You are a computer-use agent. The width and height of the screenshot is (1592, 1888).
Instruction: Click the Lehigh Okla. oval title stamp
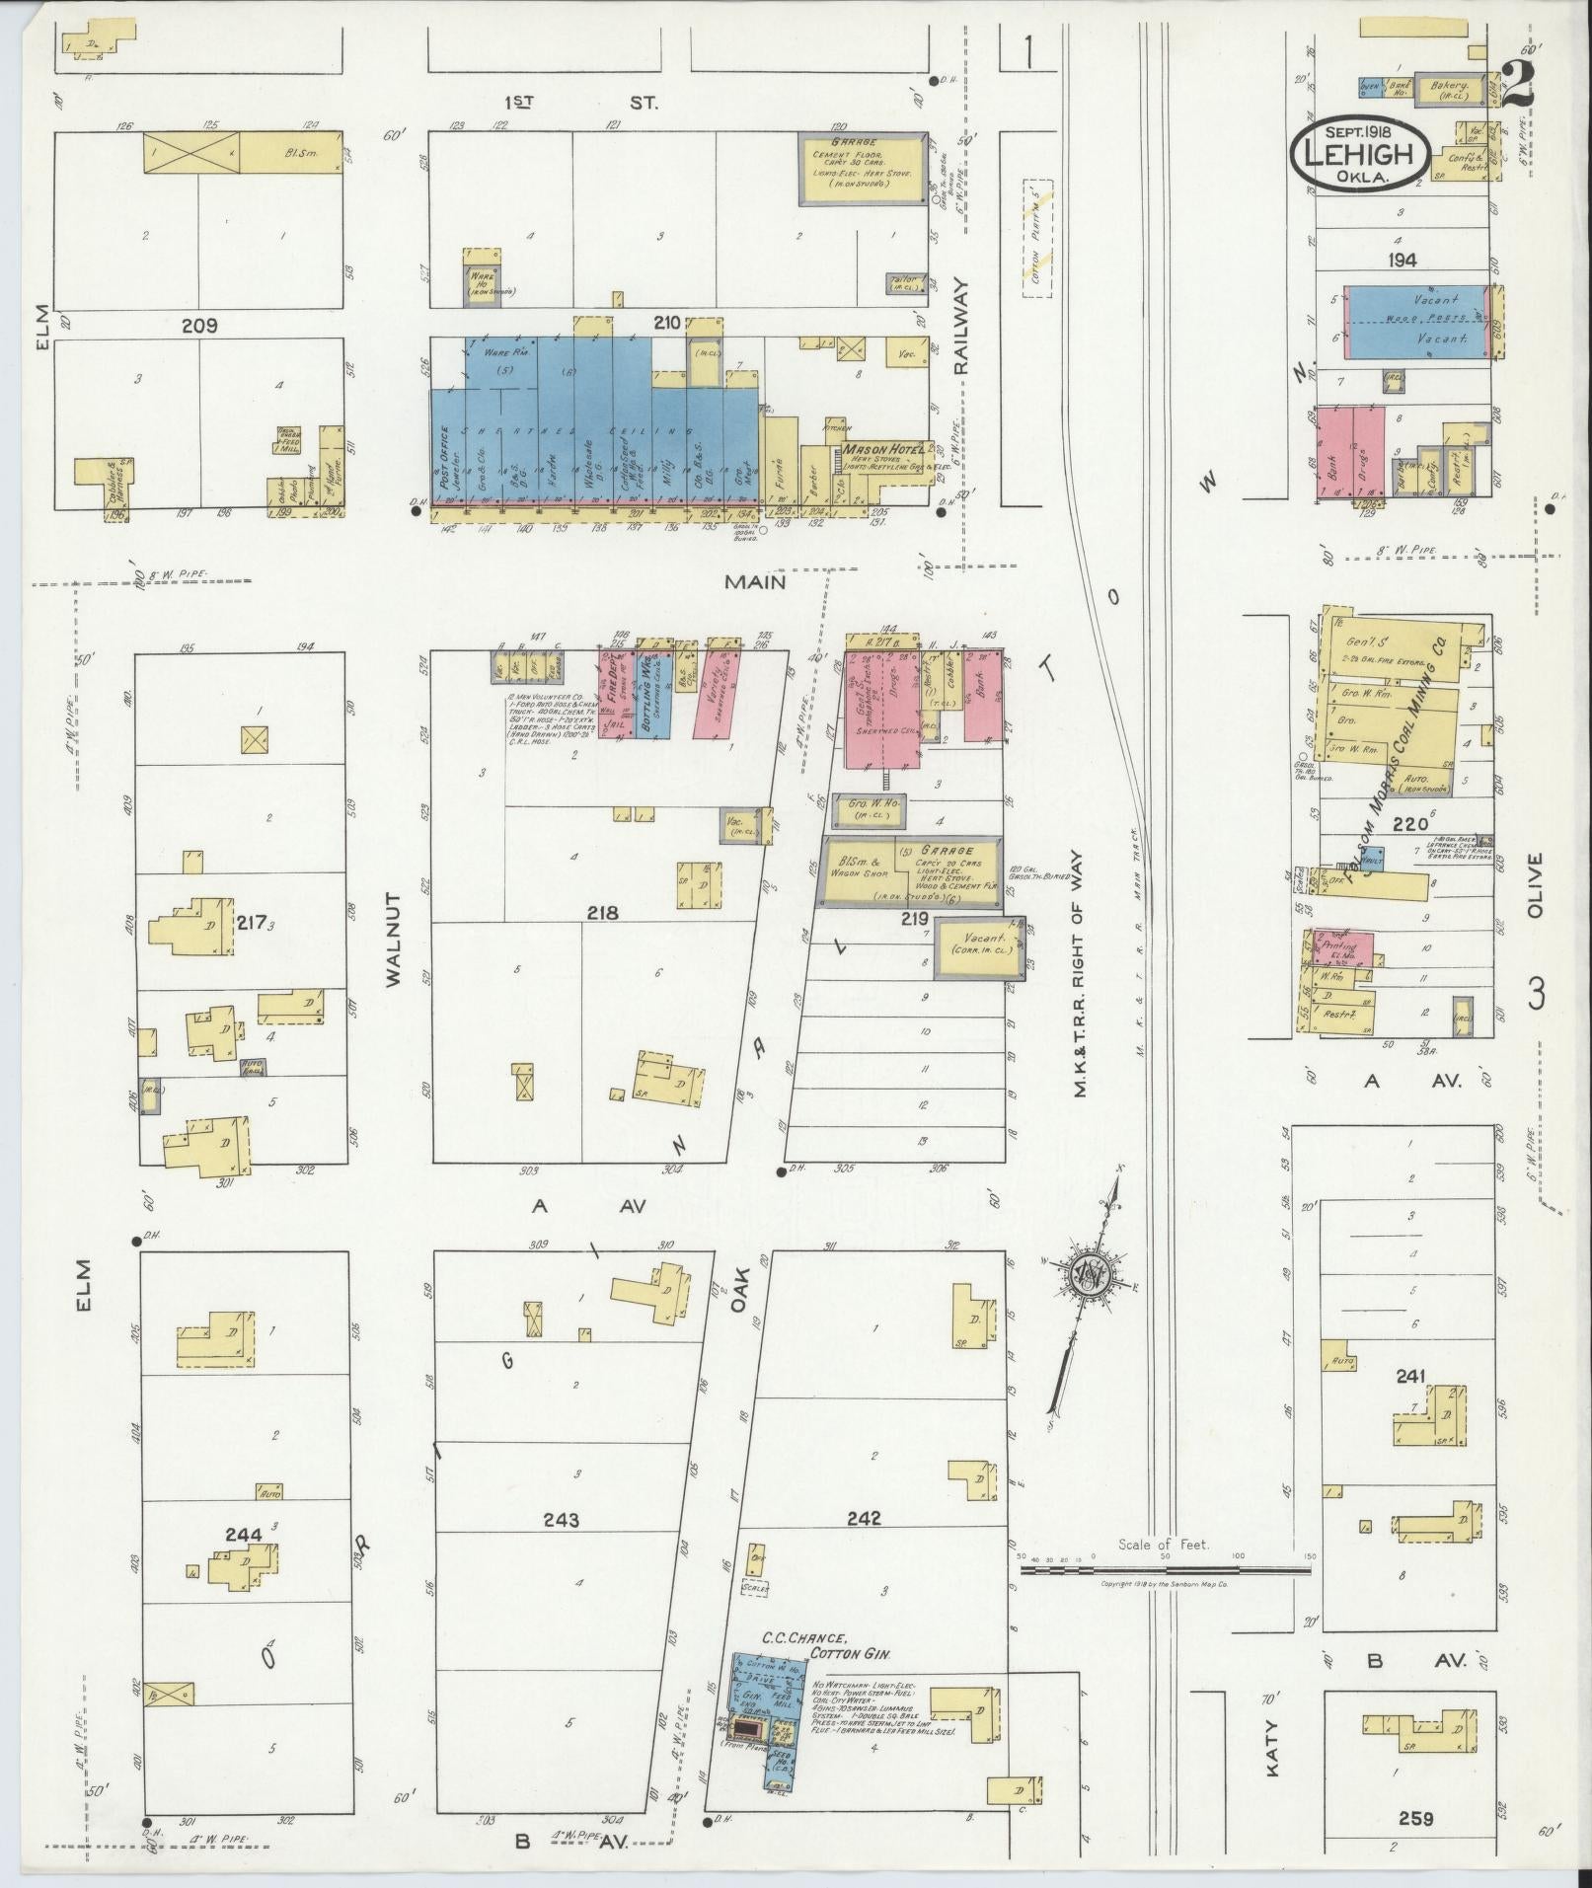[1359, 153]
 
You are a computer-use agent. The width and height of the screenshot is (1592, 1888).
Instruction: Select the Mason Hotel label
[883, 448]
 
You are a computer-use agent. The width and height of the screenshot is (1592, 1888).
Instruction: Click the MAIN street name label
[755, 582]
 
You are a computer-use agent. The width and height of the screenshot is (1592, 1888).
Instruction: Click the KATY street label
[1272, 1748]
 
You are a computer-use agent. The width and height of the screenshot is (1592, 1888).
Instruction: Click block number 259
[1414, 1817]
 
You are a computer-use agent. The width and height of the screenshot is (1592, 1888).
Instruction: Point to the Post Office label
[446, 457]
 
